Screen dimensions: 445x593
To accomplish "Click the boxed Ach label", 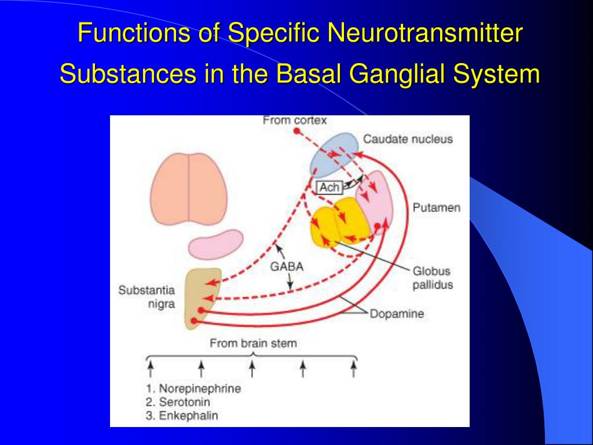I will (329, 188).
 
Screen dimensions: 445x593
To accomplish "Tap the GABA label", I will (287, 267).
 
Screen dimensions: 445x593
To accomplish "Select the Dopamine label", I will (397, 314).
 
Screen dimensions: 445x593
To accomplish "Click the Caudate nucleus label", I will (408, 139).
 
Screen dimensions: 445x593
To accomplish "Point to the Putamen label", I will (436, 207).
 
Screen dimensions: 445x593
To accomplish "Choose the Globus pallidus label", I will (432, 278).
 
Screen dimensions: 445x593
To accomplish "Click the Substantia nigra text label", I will (147, 297).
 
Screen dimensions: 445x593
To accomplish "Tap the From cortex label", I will (295, 121).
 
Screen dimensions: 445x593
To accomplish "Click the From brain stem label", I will (253, 343).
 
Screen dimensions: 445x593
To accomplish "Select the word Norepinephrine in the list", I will (200, 388).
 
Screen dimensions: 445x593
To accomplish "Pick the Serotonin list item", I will (185, 402).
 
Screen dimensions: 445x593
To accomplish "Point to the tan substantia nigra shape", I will (202, 296).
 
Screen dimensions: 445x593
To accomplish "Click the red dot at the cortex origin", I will (296, 132).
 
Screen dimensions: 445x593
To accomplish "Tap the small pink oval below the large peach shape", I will (215, 243).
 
